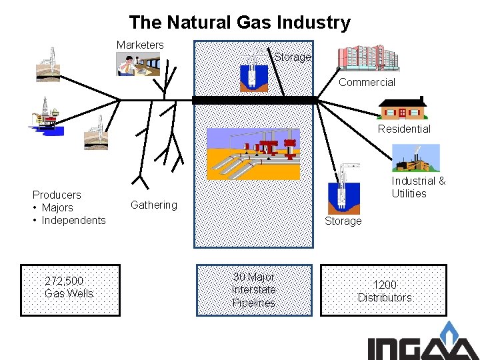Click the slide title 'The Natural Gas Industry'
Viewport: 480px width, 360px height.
(240, 23)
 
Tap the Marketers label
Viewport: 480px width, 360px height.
(140, 45)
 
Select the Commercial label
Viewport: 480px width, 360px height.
(367, 83)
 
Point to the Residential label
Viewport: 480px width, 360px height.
(404, 129)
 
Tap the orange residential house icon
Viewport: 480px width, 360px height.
(403, 109)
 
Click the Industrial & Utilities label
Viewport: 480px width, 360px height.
(418, 187)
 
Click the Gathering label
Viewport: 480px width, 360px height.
(154, 205)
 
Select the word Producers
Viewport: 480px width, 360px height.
(57, 195)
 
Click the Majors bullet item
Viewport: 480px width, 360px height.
(57, 207)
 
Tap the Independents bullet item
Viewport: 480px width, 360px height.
(73, 220)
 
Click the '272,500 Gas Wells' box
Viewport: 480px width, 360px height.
(71, 289)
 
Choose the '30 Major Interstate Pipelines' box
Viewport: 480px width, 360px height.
(253, 289)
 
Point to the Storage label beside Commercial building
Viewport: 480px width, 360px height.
(293, 57)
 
